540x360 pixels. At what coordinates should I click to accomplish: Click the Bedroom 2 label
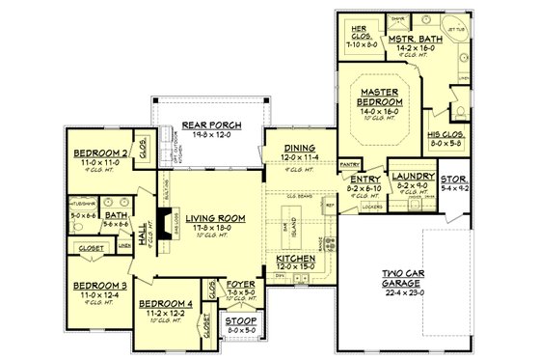100,153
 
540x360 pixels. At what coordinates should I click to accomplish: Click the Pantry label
351,164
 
